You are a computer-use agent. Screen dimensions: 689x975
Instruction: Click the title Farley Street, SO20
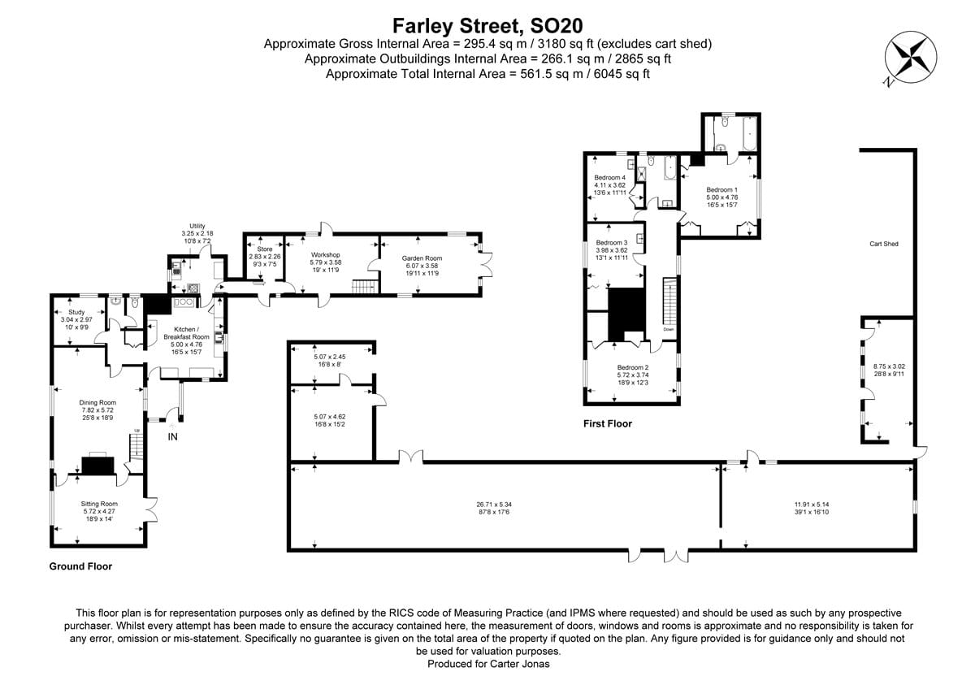(487, 26)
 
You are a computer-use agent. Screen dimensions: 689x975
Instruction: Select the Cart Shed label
(883, 244)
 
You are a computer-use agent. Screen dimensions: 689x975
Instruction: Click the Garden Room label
(422, 258)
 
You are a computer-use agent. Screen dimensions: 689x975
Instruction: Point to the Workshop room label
(325, 255)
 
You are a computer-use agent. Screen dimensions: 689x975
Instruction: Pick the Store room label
(265, 249)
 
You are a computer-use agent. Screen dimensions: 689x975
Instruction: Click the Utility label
(197, 226)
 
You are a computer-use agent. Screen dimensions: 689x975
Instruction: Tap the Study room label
(76, 312)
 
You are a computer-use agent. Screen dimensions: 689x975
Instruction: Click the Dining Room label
(97, 402)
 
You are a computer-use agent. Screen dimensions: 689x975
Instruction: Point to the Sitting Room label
(99, 504)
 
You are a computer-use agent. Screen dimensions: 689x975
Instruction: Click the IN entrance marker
(172, 437)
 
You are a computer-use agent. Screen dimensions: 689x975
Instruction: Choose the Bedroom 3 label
(612, 243)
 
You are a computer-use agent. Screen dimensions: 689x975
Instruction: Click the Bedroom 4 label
(609, 178)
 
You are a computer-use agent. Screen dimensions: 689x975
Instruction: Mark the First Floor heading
(607, 423)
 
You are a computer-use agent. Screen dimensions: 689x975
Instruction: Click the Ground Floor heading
(80, 566)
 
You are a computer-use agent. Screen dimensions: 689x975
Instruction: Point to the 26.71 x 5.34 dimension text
(494, 505)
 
